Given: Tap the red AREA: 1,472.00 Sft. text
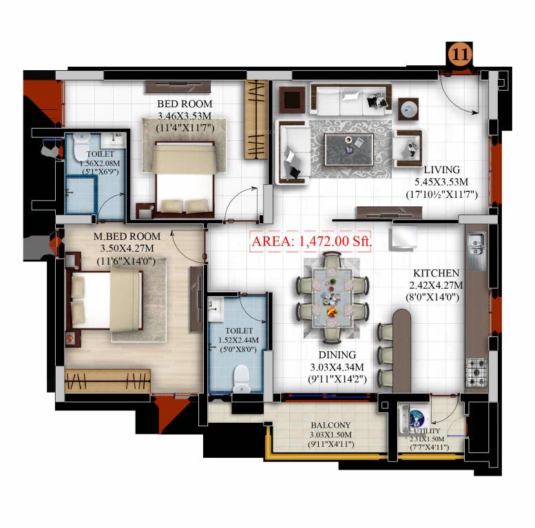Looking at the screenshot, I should point(311,241).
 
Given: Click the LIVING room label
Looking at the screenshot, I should point(441,170).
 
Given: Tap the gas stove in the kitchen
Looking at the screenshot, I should point(476,371).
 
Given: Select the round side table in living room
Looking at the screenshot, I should point(408,108).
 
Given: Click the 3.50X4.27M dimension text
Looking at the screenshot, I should point(126,247).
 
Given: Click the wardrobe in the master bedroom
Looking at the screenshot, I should point(107,379).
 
